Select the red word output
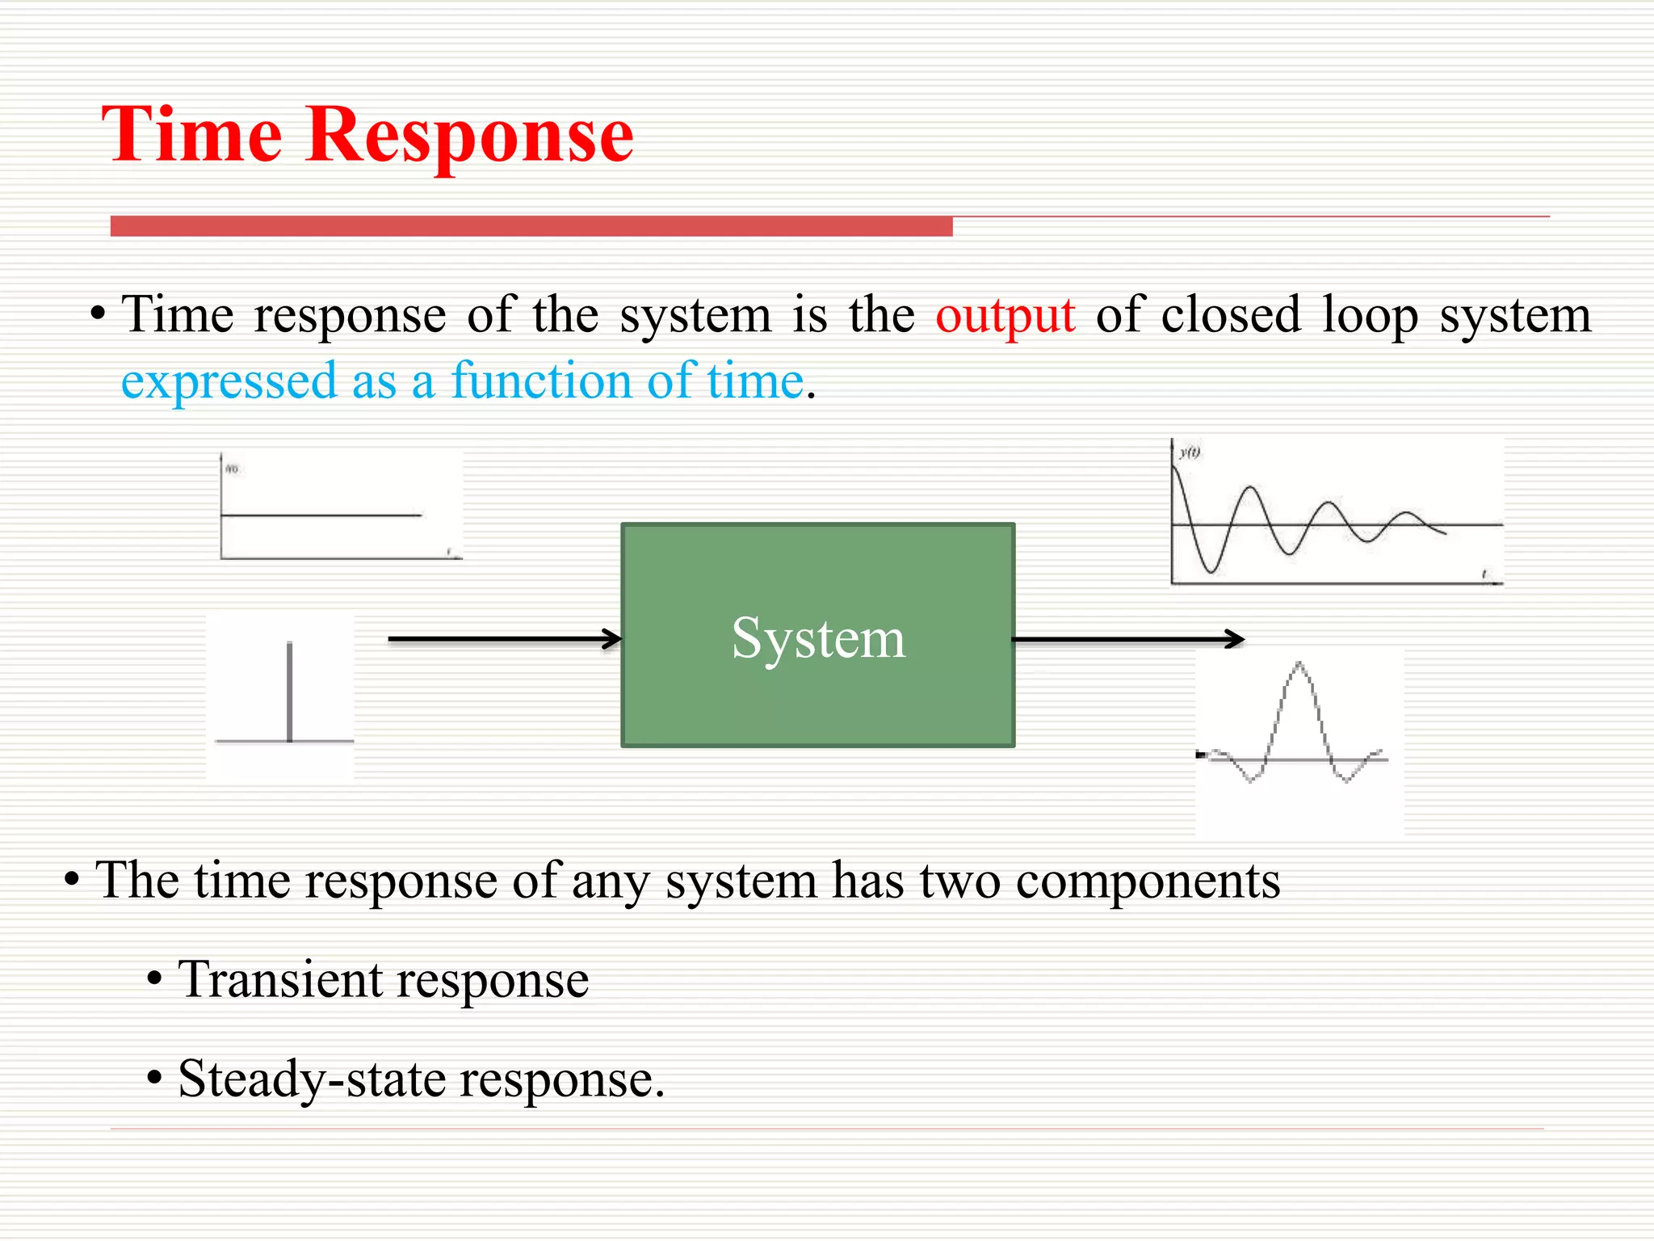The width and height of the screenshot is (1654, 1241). [x=1005, y=316]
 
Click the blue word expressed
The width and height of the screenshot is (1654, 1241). [x=229, y=382]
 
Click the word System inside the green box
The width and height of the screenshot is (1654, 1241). [x=817, y=638]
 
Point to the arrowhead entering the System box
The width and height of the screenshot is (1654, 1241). [x=613, y=639]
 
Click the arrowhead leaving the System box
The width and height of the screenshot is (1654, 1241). [x=1235, y=639]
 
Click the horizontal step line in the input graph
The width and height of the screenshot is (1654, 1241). [x=321, y=515]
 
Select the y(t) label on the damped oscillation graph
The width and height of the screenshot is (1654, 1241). [x=1190, y=452]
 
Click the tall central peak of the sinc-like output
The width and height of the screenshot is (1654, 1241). [x=1299, y=667]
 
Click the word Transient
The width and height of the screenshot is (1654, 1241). [x=280, y=979]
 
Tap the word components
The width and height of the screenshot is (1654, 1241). [x=1147, y=881]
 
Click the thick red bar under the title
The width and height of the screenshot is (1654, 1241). [x=531, y=226]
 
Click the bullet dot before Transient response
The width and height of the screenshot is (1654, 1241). [x=155, y=981]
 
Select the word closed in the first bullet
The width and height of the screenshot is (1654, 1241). [x=1230, y=314]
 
